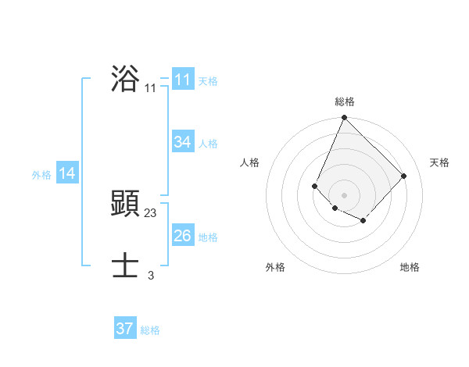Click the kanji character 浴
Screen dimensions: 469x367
(x=125, y=79)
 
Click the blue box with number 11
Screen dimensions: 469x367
(x=183, y=80)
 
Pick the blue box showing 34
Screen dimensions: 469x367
(x=183, y=142)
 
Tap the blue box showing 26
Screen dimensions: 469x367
(x=183, y=236)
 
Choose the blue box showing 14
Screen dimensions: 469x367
(x=67, y=173)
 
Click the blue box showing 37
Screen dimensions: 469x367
(x=125, y=329)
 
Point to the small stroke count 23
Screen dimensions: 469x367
(x=151, y=212)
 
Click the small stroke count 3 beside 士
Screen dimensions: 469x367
(x=151, y=275)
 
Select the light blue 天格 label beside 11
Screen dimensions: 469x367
(x=208, y=81)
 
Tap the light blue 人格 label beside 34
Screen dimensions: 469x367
(x=208, y=144)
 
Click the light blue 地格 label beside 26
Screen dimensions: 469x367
(x=208, y=237)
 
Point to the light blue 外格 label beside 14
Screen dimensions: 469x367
(x=41, y=175)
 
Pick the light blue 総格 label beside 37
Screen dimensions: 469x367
(x=150, y=330)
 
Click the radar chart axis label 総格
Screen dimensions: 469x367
(x=345, y=102)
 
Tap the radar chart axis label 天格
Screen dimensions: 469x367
(x=439, y=162)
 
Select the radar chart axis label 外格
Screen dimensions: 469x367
(x=275, y=267)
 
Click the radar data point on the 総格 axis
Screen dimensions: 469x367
(x=344, y=118)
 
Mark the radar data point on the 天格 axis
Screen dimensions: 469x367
(x=403, y=176)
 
